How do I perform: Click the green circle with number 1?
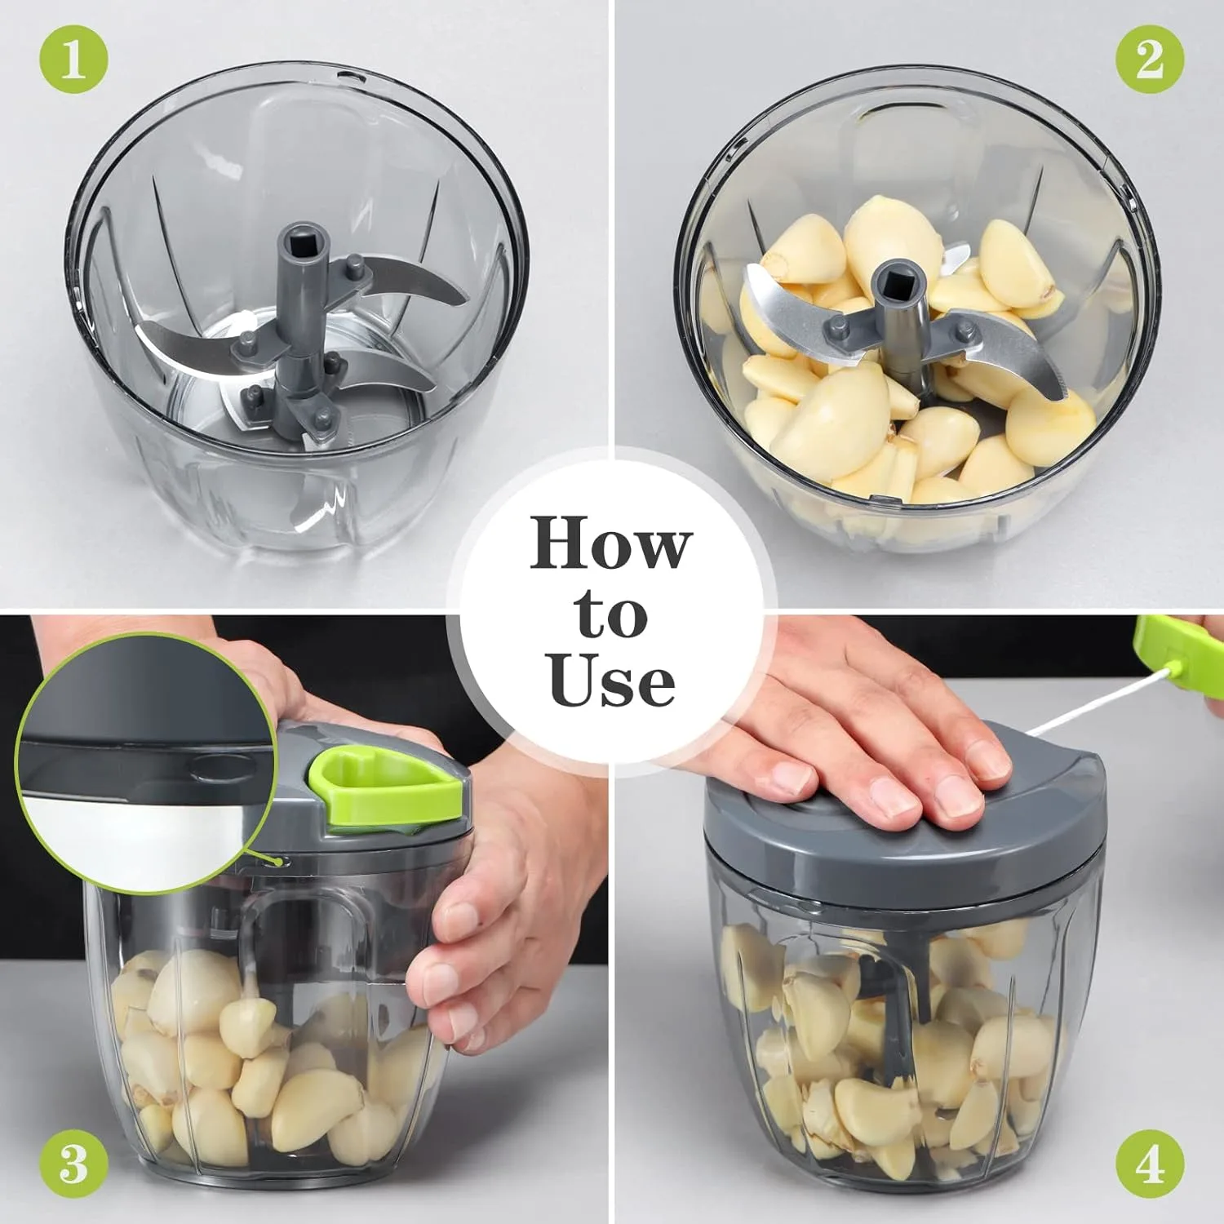coord(73,59)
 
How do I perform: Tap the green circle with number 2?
coord(1150,59)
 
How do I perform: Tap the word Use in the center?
coord(611,681)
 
